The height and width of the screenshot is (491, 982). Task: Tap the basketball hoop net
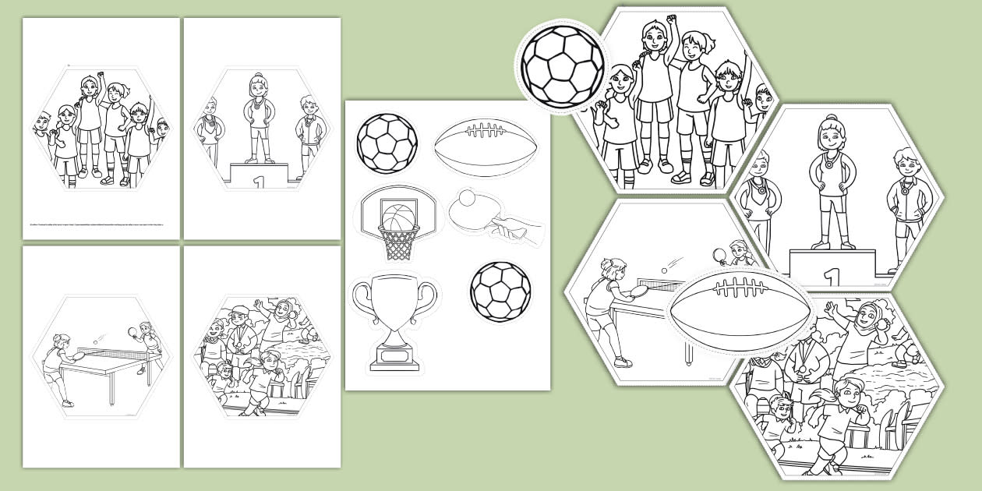pyautogui.click(x=397, y=242)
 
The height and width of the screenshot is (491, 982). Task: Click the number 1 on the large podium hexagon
pyautogui.click(x=832, y=276)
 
